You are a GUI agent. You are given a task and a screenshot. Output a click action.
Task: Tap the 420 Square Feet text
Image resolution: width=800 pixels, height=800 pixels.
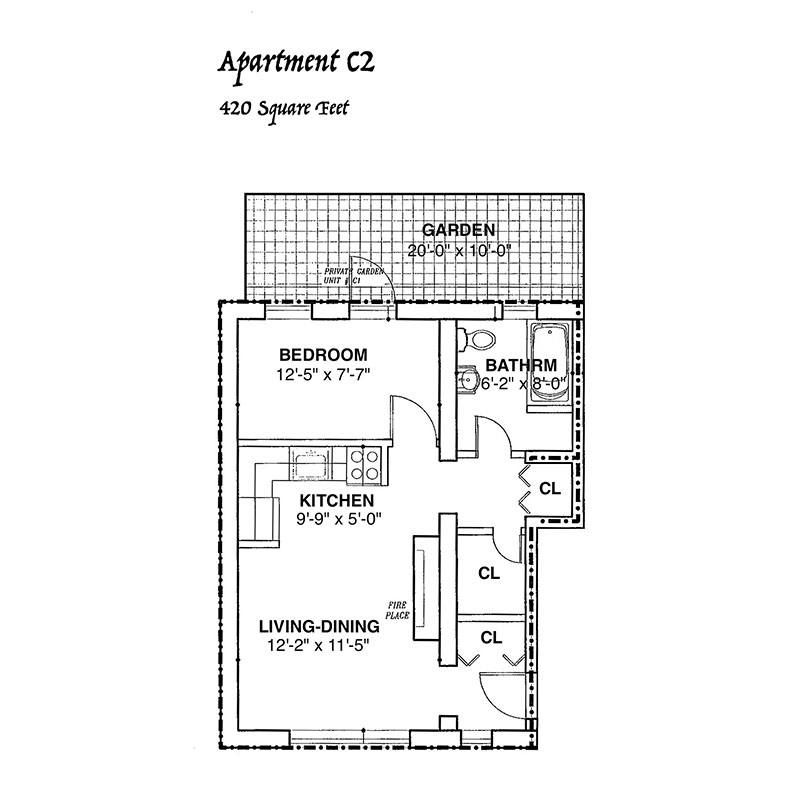point(284,108)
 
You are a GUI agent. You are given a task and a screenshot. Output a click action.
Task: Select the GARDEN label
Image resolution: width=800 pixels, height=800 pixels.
point(458,230)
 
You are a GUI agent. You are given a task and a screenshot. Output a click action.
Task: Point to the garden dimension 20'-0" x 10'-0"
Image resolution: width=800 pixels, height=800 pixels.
point(459,251)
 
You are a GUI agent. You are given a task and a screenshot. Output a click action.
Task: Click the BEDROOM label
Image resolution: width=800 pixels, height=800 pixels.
point(323,354)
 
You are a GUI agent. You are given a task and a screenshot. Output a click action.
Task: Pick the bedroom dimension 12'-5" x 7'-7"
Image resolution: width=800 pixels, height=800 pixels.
point(323,375)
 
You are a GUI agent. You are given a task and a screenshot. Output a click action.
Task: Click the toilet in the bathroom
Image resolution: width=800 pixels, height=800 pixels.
point(476,339)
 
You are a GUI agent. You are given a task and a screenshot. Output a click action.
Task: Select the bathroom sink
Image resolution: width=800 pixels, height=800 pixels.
point(467,380)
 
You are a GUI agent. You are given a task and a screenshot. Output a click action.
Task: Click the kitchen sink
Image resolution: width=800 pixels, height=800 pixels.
point(311,463)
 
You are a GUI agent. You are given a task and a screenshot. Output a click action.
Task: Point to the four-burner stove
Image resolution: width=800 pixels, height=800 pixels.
point(364,465)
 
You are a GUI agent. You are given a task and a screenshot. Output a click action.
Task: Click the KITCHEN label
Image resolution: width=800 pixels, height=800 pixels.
point(336,500)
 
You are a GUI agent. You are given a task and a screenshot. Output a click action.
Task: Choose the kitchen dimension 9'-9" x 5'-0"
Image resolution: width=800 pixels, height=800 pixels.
point(339,519)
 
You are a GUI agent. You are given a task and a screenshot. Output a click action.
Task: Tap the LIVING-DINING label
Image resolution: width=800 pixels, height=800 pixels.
point(319,626)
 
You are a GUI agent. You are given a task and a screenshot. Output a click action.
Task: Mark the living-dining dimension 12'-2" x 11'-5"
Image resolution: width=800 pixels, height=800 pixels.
point(318,646)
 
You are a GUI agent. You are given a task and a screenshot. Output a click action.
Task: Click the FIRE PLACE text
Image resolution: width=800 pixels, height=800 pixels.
point(397,610)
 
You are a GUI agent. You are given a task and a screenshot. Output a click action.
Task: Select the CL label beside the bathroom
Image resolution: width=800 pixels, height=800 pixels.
point(550,489)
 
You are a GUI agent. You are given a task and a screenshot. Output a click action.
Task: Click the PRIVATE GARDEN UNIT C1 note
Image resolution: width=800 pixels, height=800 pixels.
point(353,276)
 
